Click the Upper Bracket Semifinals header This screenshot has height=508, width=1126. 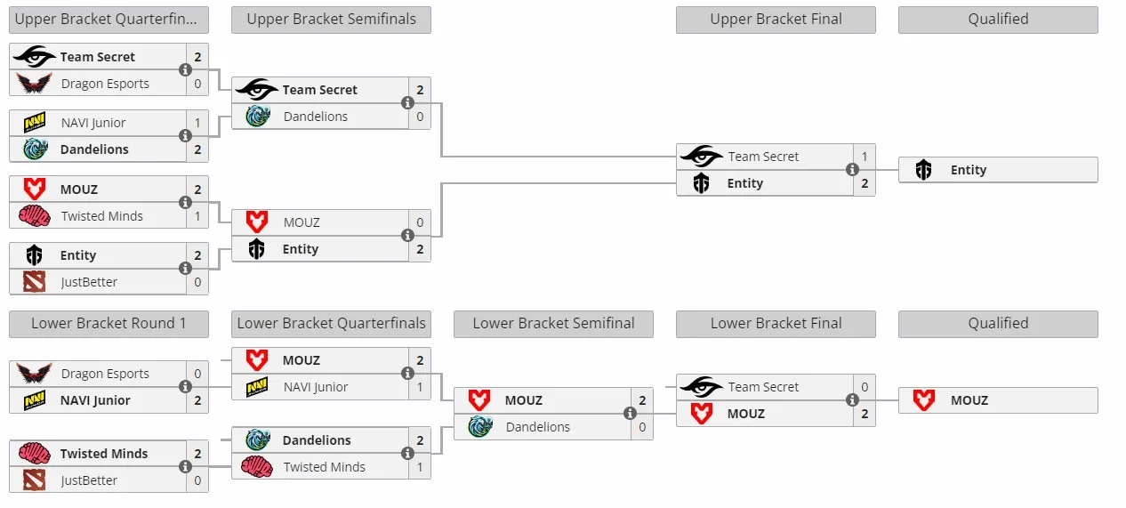click(x=331, y=19)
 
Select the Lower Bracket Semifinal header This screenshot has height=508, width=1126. click(x=553, y=324)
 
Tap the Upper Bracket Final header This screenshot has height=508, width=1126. click(x=776, y=19)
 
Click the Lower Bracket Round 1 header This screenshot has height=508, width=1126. click(x=109, y=324)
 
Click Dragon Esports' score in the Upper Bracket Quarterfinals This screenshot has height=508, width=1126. click(x=197, y=84)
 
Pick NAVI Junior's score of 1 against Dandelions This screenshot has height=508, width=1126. click(x=197, y=123)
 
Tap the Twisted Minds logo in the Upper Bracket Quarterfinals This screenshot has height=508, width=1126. click(x=34, y=216)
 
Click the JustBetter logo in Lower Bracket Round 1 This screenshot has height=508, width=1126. click(x=34, y=480)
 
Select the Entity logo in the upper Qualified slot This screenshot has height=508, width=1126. click(x=923, y=170)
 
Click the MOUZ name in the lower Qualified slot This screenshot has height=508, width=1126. click(x=969, y=400)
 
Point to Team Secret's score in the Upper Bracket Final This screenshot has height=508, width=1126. click(x=865, y=157)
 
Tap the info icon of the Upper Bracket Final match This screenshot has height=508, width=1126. click(x=852, y=170)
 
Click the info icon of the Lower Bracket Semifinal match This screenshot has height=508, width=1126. click(x=630, y=413)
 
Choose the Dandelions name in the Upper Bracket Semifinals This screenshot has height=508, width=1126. click(x=316, y=117)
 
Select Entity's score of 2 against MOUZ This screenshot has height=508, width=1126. click(x=420, y=249)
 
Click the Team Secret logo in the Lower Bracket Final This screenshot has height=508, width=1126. click(x=701, y=386)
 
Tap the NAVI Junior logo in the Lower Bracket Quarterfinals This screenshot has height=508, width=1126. click(x=257, y=387)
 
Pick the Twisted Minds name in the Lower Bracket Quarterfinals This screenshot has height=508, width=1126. click(x=325, y=467)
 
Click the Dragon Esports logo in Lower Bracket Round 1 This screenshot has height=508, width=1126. click(x=34, y=373)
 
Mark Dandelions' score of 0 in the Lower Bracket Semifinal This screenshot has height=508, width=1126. click(x=642, y=427)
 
